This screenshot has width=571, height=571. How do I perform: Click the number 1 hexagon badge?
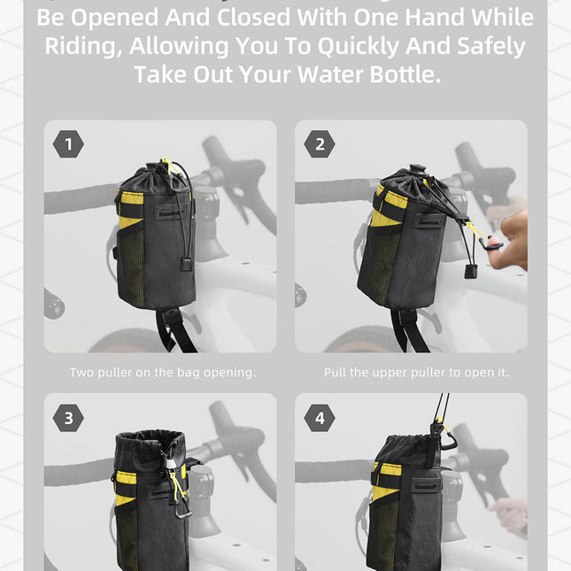[x=68, y=143]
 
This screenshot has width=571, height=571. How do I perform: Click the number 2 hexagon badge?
[x=320, y=143]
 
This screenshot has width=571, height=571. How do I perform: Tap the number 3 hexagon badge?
[x=68, y=417]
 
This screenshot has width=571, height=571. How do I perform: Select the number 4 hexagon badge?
[x=320, y=417]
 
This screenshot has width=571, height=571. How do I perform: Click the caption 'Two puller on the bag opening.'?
[x=163, y=373]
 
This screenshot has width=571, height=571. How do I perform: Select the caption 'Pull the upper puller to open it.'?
[x=416, y=373]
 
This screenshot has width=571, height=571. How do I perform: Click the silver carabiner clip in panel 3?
[x=181, y=510]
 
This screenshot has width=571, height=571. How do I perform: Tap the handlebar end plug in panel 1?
[x=55, y=306]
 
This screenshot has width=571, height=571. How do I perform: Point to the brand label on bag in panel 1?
[x=168, y=212]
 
